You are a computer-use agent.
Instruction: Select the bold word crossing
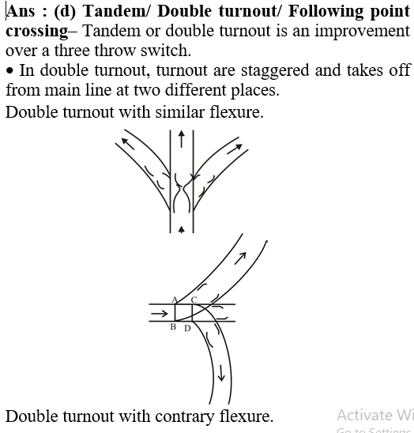(36, 31)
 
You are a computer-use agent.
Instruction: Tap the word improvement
(362, 31)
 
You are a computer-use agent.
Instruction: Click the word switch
(166, 51)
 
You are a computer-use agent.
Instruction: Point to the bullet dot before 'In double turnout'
(9, 70)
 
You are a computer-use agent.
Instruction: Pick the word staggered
(275, 70)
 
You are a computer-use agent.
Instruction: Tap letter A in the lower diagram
(174, 300)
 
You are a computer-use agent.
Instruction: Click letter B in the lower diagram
(173, 327)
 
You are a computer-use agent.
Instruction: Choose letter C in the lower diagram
(194, 300)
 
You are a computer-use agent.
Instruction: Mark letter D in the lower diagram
(187, 329)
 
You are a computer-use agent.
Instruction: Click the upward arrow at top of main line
(181, 139)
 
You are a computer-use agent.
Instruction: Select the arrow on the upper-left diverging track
(128, 144)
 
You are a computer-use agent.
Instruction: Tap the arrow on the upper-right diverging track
(235, 149)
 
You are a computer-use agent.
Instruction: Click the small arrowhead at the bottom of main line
(181, 229)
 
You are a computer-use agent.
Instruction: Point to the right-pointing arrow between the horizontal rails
(160, 314)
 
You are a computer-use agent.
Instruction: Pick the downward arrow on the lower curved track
(221, 373)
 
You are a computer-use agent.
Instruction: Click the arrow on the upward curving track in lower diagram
(240, 258)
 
